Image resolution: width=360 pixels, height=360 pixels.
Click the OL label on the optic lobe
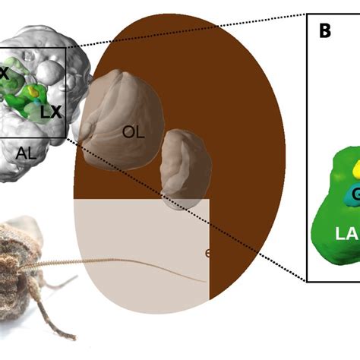pos(133,131)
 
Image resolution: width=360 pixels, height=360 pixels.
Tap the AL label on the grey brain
pos(26,153)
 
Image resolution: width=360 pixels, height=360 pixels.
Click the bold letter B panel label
pos(324,31)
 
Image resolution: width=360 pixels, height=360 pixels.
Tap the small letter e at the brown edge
pos(207,253)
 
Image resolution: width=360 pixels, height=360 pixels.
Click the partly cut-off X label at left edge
pos(4,74)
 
